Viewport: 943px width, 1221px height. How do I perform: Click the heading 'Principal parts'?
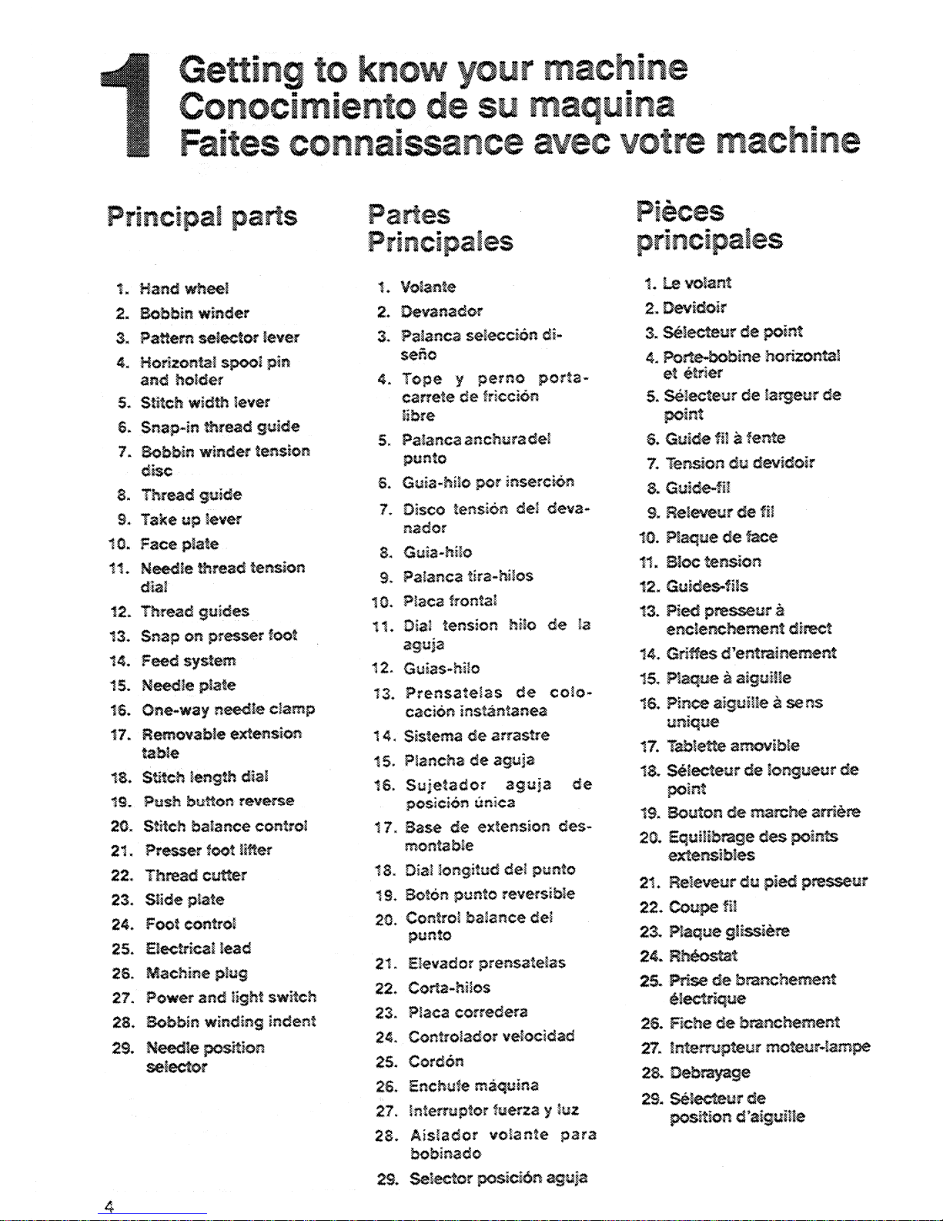(202, 216)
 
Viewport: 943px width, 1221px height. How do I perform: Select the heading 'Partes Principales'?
(440, 228)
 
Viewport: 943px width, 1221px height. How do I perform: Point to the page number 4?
(109, 1207)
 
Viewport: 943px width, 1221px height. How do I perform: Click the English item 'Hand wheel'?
(184, 289)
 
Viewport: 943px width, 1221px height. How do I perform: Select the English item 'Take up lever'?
(191, 519)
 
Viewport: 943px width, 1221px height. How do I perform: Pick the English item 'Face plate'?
(179, 544)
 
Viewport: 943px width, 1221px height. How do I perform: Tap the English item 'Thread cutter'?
(196, 875)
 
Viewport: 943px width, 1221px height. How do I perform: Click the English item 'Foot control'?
(190, 924)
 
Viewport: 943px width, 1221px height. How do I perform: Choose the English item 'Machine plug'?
(196, 973)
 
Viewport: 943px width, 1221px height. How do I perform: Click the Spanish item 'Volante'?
(428, 287)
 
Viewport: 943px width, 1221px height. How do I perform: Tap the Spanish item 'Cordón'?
(436, 1061)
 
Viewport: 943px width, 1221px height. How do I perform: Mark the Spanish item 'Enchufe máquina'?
(473, 1085)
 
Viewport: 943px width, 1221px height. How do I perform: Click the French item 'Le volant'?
(697, 283)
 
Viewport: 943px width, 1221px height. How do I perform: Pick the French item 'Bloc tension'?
(713, 561)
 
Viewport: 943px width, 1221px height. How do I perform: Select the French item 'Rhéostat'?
(703, 955)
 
